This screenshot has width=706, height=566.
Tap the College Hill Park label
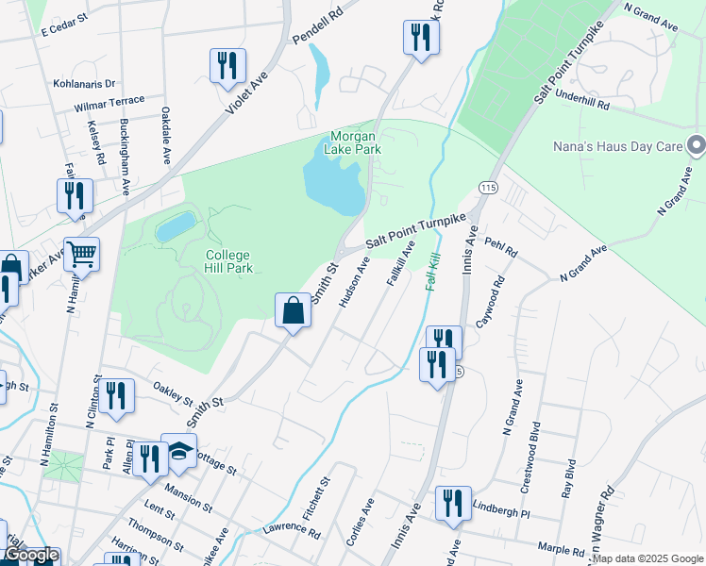coord(228,261)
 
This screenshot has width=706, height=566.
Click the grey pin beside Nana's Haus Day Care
coord(697,146)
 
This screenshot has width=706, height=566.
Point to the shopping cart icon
coord(82,253)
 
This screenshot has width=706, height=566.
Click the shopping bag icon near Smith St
coord(293,309)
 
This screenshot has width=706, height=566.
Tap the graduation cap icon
coord(179,451)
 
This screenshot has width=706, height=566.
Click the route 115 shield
coord(488,188)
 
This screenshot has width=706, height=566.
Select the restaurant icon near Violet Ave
coord(227,65)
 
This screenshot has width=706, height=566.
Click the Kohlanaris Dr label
coord(84,84)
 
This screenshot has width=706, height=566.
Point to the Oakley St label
coord(173,390)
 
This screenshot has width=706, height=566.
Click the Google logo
coord(30,556)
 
